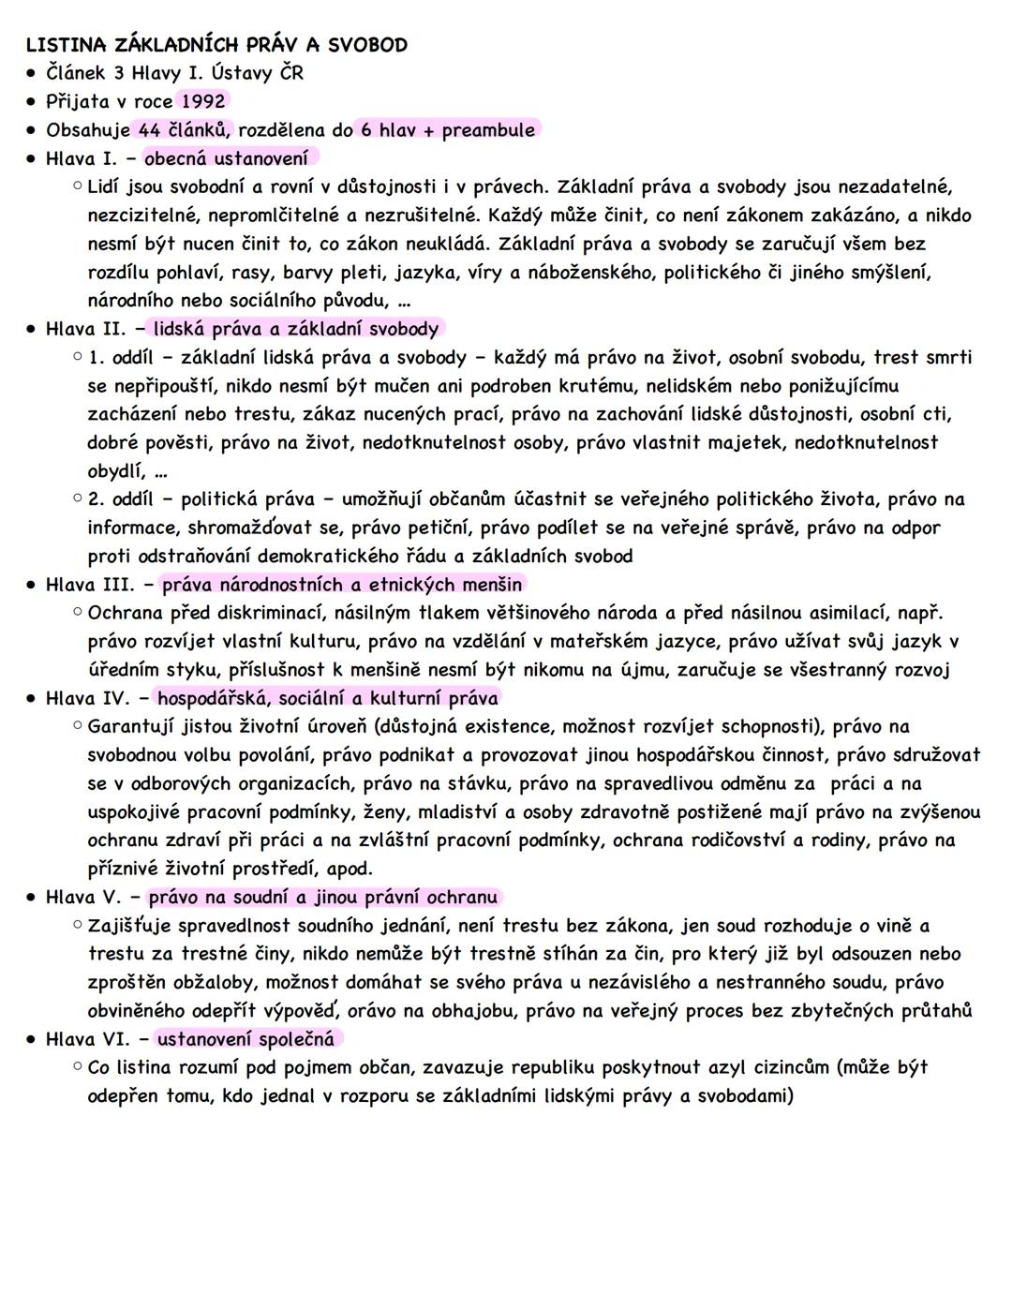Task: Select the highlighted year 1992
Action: pos(202,101)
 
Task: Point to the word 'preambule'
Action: pos(488,130)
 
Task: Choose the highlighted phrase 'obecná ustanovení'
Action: pos(226,158)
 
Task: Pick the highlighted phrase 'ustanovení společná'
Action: pos(246,1039)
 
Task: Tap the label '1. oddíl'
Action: pos(119,358)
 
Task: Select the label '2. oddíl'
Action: pos(119,499)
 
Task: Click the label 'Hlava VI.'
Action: pos(90,1039)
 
